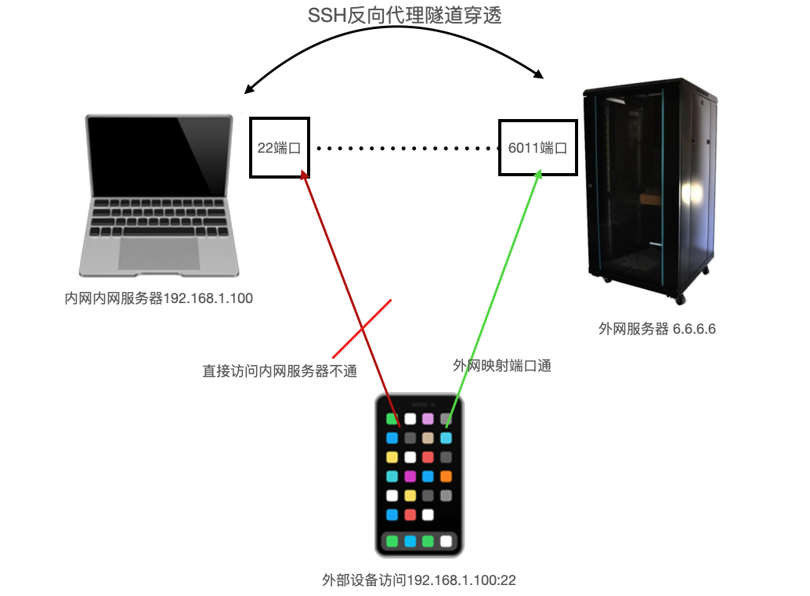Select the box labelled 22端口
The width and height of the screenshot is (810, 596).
pyautogui.click(x=280, y=147)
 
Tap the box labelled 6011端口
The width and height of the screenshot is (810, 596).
pyautogui.click(x=537, y=147)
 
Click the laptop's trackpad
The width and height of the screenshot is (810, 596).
pyautogui.click(x=159, y=253)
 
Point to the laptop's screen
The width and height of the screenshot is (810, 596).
pyautogui.click(x=160, y=154)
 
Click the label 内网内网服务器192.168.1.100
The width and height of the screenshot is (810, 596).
pyautogui.click(x=159, y=298)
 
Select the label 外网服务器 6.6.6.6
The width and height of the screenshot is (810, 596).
pyautogui.click(x=656, y=329)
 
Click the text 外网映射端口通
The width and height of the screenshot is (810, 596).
pyautogui.click(x=501, y=365)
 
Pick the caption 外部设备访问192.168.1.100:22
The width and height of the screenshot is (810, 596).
pyautogui.click(x=419, y=580)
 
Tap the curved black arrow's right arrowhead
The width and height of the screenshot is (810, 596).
pyautogui.click(x=540, y=75)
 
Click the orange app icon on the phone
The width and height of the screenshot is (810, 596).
pyautogui.click(x=446, y=476)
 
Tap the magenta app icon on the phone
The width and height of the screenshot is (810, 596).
pyautogui.click(x=410, y=476)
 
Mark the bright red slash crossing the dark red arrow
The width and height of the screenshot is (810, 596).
pyautogui.click(x=362, y=328)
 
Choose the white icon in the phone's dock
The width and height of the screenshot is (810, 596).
pyautogui.click(x=446, y=541)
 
